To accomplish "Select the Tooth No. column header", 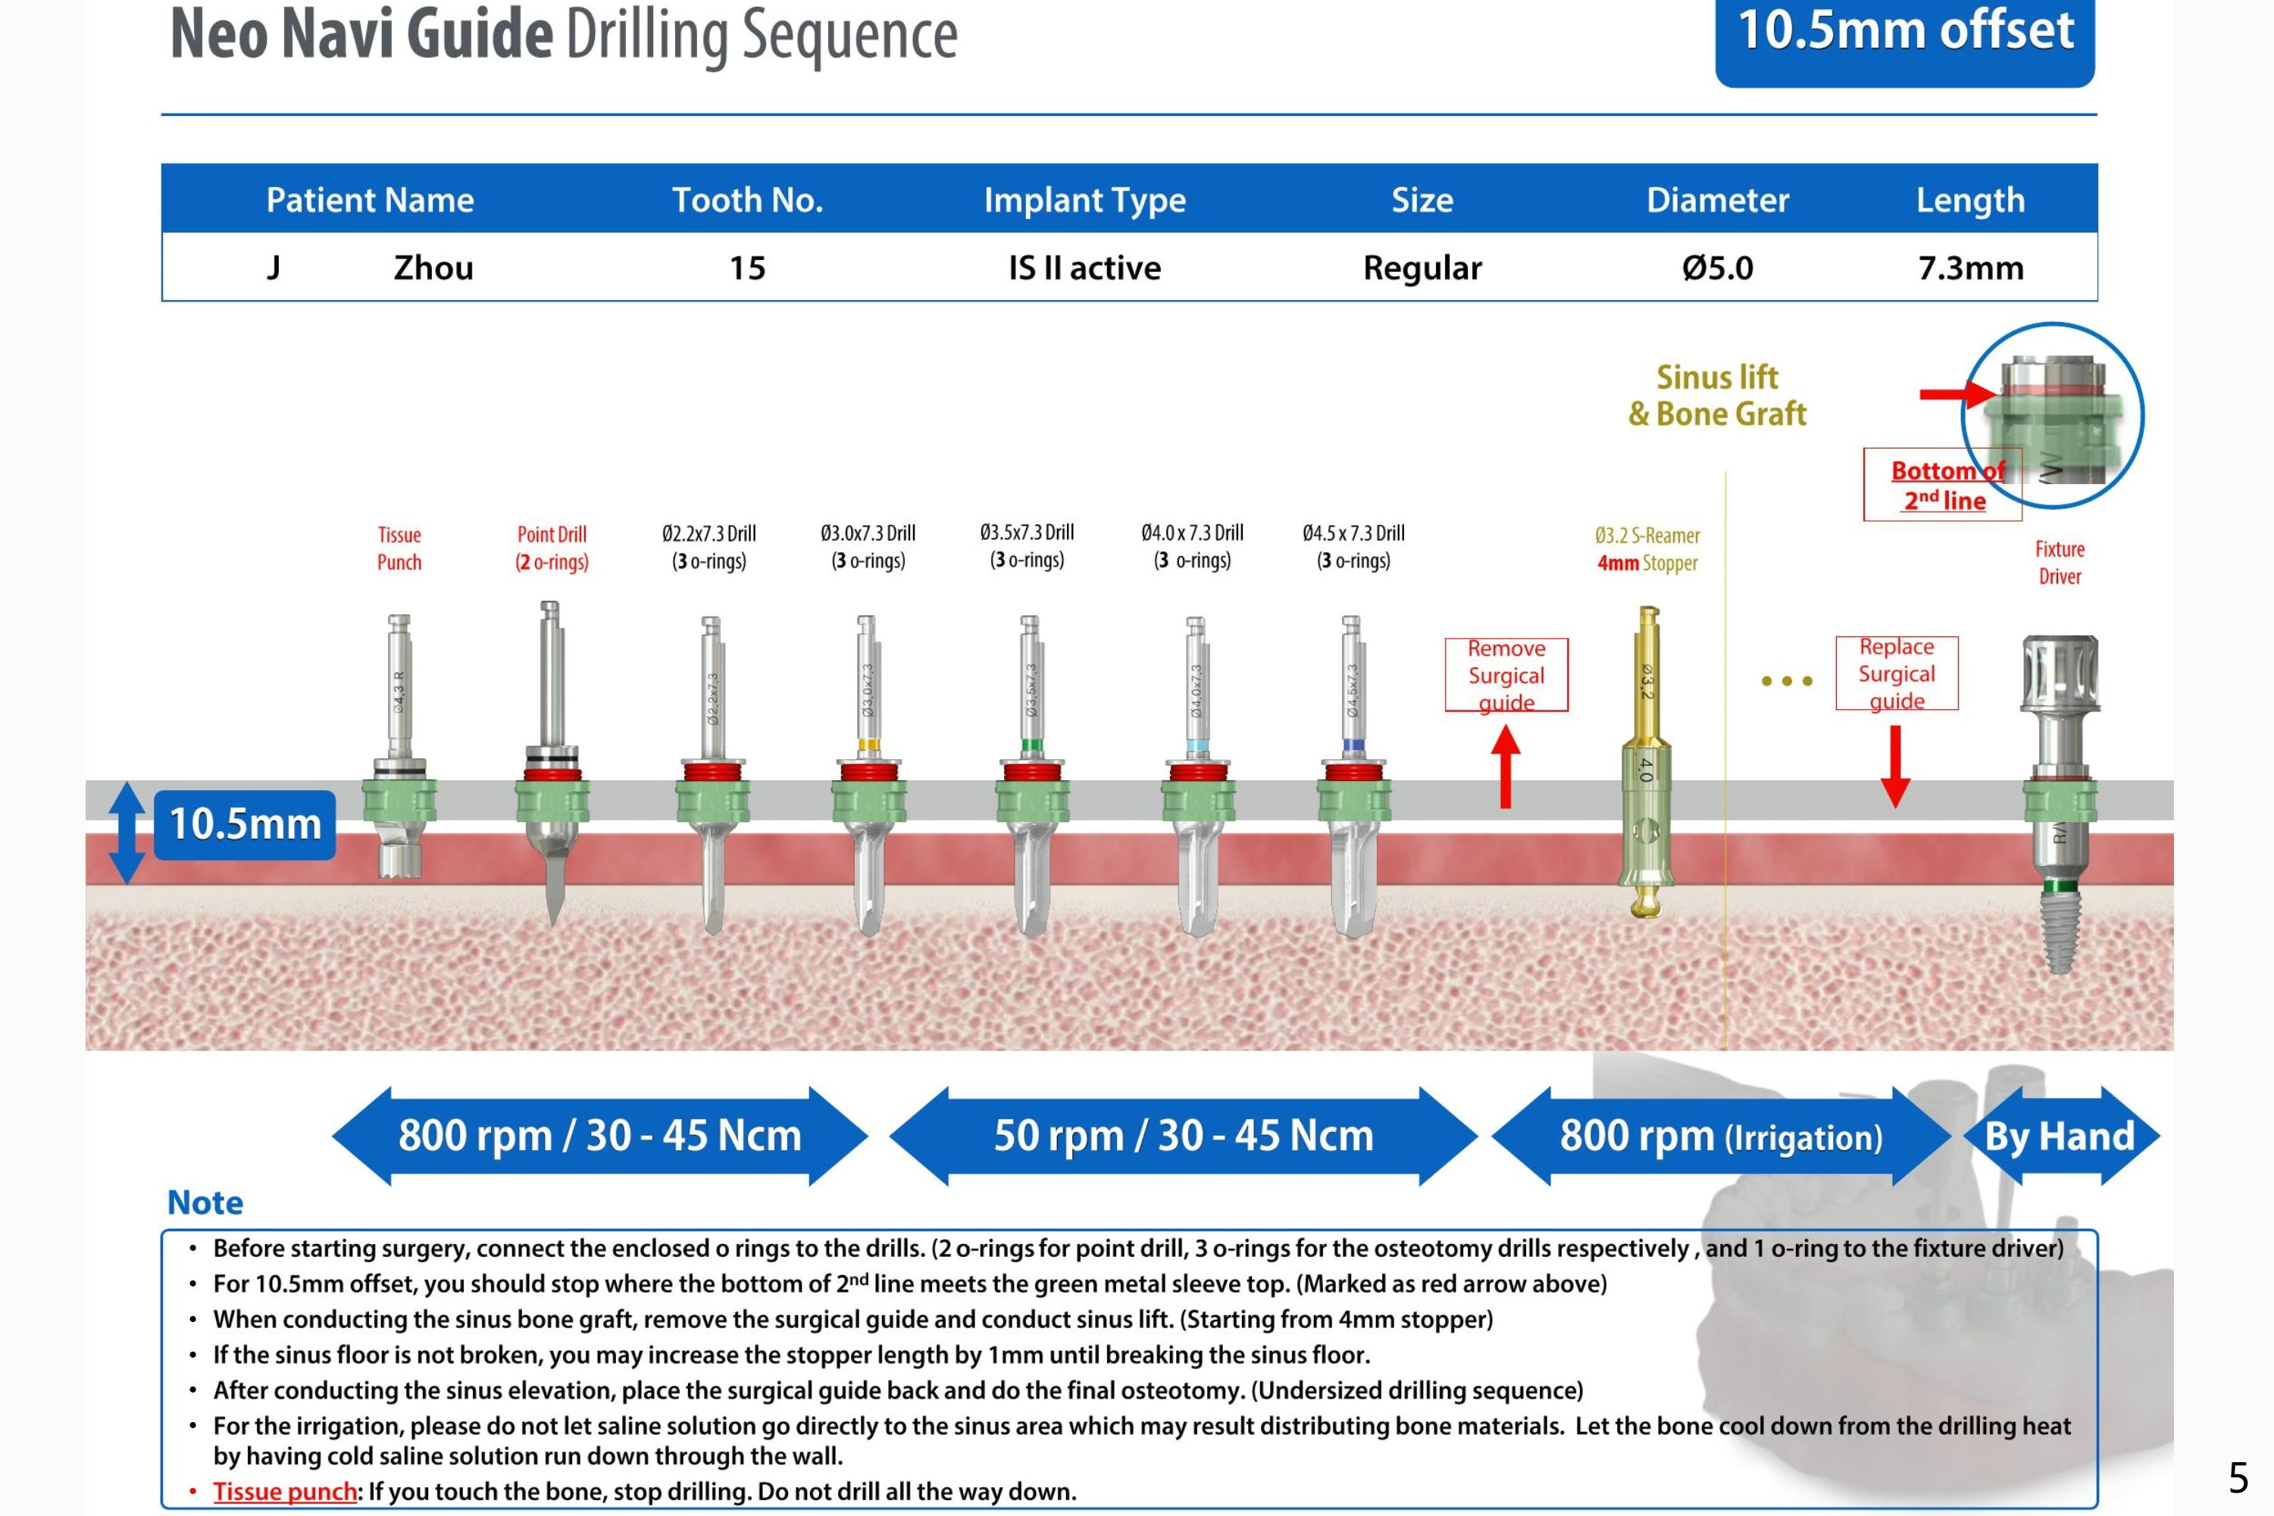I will [x=747, y=200].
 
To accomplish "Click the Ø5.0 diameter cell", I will [x=1717, y=267].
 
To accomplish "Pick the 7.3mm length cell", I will [x=1970, y=267].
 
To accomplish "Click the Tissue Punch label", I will [x=399, y=549].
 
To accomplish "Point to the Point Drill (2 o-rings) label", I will [x=552, y=549].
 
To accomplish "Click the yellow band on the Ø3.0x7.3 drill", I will [x=868, y=745].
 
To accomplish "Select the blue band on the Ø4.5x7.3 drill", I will [x=1353, y=745].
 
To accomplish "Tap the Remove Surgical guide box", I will [x=1506, y=675].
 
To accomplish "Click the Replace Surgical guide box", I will [x=1896, y=673].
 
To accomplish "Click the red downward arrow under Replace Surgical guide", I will [x=1895, y=766].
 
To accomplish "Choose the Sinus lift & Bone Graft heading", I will [x=1717, y=395].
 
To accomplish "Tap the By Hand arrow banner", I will [x=2060, y=1136].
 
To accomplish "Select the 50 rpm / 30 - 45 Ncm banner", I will [x=1184, y=1136].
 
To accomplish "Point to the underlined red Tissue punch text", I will [x=285, y=1491].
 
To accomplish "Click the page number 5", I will [x=2239, y=1478].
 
